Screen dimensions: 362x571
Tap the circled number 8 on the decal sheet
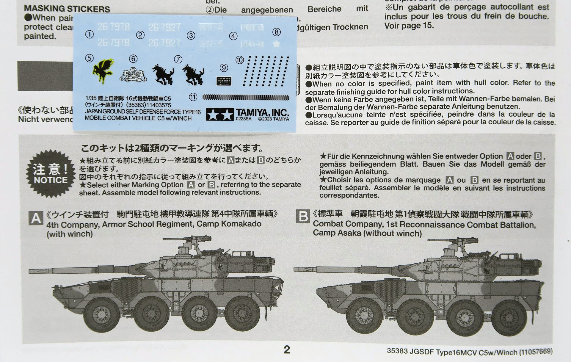pyautogui.click(x=276, y=32)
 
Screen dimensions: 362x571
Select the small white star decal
pyautogui.click(x=276, y=44)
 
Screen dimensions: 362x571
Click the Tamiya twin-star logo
pyautogui.click(x=220, y=114)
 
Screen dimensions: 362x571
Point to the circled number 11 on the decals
pyautogui.click(x=193, y=97)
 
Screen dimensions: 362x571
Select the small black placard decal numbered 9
pyautogui.click(x=224, y=81)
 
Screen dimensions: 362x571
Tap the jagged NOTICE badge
pyautogui.click(x=50, y=174)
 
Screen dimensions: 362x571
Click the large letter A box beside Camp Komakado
pyautogui.click(x=36, y=218)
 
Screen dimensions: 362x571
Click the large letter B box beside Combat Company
pyautogui.click(x=303, y=217)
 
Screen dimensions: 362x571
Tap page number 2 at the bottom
pyautogui.click(x=287, y=350)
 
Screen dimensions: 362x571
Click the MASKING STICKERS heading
pyautogui.click(x=67, y=9)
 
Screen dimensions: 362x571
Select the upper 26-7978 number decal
pyautogui.click(x=114, y=27)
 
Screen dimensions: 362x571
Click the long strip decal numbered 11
pyautogui.click(x=245, y=97)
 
